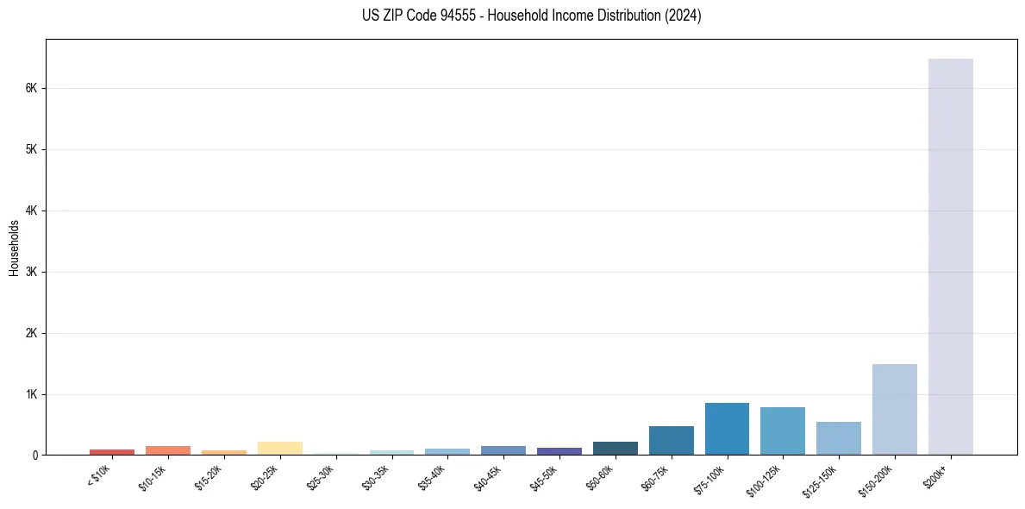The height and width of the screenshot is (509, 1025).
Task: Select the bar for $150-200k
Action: (x=894, y=410)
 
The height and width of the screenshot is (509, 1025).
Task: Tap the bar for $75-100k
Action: (x=727, y=429)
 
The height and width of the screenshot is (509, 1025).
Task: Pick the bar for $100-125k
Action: (x=783, y=431)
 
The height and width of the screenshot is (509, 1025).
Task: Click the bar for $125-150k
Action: (x=838, y=438)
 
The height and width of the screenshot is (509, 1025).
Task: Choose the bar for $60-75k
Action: (x=671, y=441)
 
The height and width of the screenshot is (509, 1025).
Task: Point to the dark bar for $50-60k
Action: (x=615, y=449)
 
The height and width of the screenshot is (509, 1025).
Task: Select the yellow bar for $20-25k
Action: (x=279, y=449)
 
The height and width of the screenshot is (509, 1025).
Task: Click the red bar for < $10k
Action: (x=112, y=452)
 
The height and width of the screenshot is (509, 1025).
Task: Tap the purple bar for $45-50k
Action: (x=559, y=451)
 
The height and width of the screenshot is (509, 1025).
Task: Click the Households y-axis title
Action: (x=14, y=248)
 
